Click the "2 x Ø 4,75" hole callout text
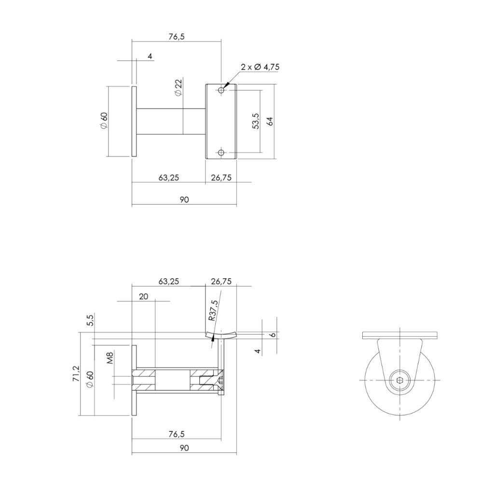pos(260,67)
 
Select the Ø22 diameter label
pos(178,87)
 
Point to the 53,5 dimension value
pos(256,121)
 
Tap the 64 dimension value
pos(270,121)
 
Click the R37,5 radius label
pos(213,310)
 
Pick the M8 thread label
pos(110,358)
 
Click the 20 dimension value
pos(143,297)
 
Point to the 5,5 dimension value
pos(90,320)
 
